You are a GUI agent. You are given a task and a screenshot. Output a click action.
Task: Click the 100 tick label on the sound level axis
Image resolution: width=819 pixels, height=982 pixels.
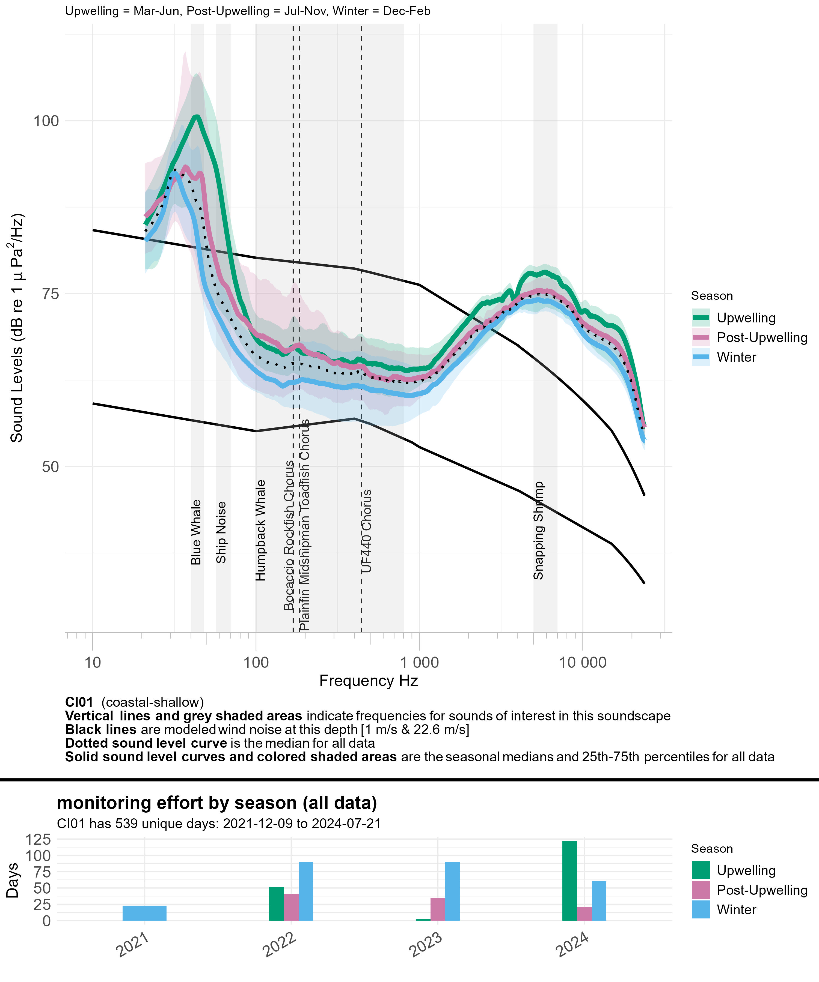[x=46, y=121]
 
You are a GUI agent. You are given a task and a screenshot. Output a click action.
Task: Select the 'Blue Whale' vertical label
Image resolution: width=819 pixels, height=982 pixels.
[x=196, y=532]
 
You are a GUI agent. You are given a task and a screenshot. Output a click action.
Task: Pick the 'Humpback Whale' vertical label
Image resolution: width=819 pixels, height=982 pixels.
[x=261, y=530]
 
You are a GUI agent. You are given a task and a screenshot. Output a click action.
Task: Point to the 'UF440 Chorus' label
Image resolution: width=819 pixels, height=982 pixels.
[x=366, y=531]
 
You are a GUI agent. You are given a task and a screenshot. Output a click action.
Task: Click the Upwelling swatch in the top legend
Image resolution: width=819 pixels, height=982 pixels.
[x=701, y=318]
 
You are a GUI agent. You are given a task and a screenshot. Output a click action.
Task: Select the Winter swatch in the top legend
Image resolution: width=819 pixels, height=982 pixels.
[x=701, y=357]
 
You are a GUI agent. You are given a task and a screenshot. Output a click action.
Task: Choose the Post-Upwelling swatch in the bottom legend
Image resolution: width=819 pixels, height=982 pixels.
[x=701, y=890]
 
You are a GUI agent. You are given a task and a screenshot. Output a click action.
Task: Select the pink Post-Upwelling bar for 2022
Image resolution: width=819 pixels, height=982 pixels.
[x=291, y=907]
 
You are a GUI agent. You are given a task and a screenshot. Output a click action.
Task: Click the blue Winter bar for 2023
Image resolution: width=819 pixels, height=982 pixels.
[x=452, y=891]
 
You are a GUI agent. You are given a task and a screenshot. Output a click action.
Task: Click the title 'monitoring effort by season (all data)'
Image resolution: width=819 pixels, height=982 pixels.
[x=217, y=803]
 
